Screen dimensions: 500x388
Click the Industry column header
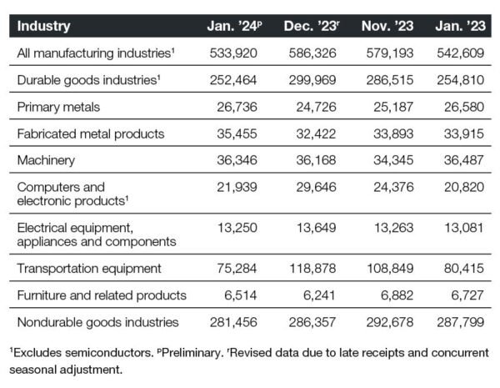point(43,26)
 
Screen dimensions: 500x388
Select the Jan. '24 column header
point(234,26)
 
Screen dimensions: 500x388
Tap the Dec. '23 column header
point(312,26)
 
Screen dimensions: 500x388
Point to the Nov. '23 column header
point(387,26)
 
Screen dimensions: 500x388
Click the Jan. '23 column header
point(461,26)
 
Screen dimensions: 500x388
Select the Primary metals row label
point(58,107)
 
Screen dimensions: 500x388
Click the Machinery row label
point(46,160)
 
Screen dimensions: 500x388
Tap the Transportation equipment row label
point(89,269)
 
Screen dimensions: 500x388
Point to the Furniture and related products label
point(102,295)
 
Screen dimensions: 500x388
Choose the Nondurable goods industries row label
point(97,322)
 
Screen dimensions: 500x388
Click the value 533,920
point(233,53)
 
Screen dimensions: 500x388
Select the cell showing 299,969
point(312,80)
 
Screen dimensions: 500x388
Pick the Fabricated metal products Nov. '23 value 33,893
point(393,134)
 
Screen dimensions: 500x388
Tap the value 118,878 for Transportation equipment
point(312,268)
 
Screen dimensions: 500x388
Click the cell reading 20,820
point(464,187)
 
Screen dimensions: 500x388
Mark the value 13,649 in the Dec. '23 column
point(317,228)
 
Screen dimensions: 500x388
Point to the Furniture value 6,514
point(241,295)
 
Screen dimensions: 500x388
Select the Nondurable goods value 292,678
point(390,322)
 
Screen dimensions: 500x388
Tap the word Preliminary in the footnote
point(191,353)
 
